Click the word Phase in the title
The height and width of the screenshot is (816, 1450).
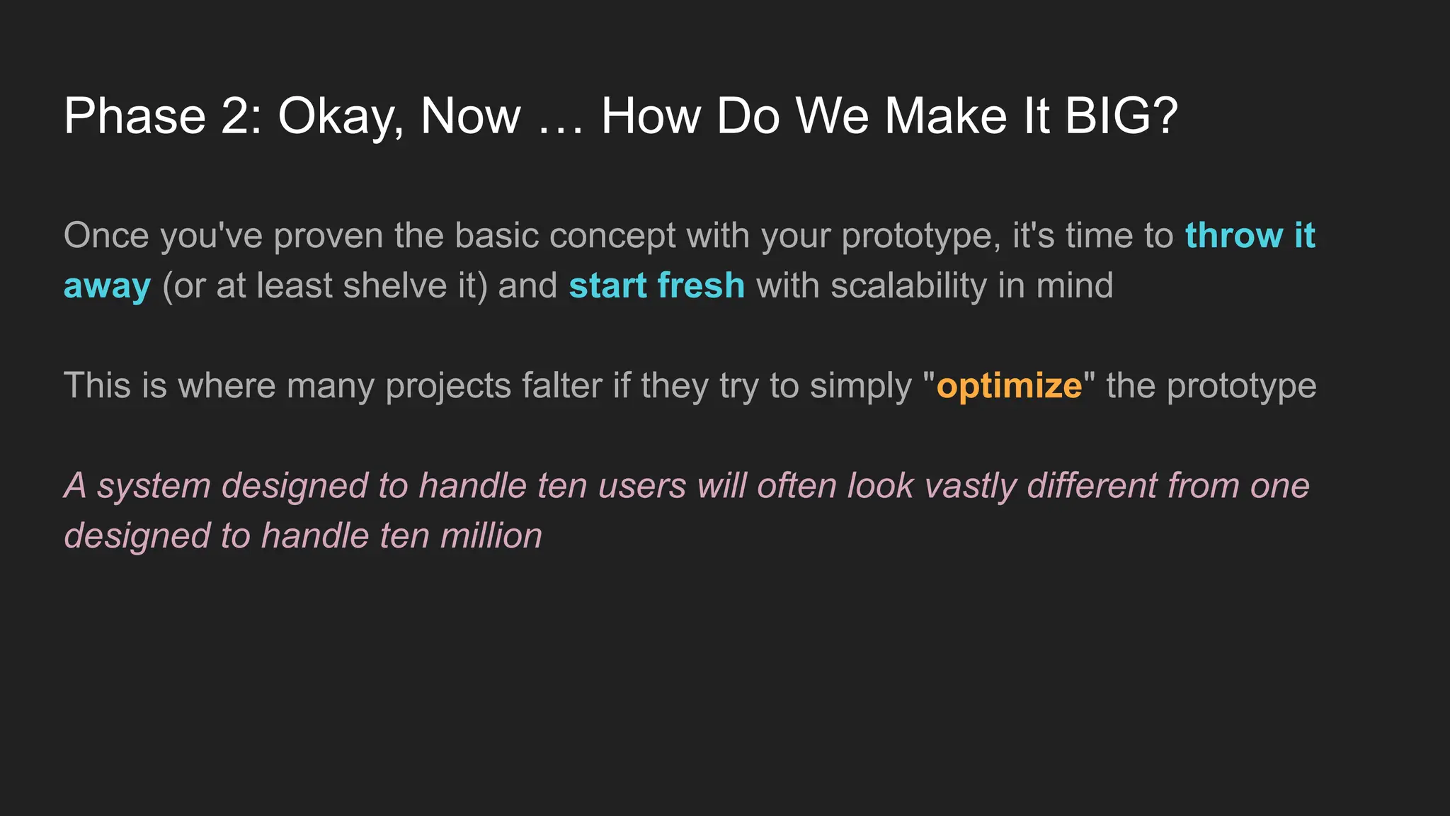click(x=135, y=115)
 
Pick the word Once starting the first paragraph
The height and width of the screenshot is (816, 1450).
click(x=106, y=235)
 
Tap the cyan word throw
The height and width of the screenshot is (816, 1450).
click(x=1234, y=235)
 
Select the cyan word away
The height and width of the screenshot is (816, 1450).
click(x=107, y=287)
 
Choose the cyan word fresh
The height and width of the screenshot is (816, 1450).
click(x=701, y=285)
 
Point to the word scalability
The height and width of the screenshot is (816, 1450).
click(x=908, y=287)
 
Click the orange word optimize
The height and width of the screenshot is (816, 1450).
click(x=1009, y=387)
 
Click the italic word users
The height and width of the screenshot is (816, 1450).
click(x=641, y=486)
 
